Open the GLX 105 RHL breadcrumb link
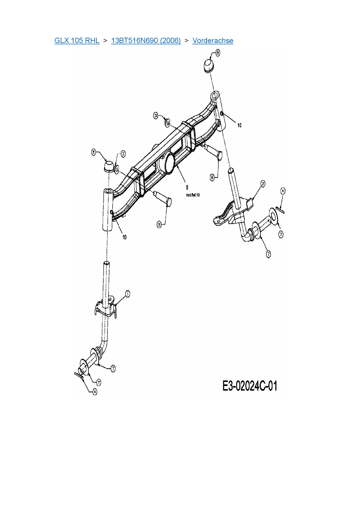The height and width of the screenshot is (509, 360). pos(77,41)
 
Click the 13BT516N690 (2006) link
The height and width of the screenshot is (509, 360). pos(146,41)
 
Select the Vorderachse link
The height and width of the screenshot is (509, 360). pos(213,41)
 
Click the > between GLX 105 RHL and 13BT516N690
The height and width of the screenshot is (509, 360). pos(105,41)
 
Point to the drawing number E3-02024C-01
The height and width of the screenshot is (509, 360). pos(250,386)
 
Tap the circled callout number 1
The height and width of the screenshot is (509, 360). pos(127,294)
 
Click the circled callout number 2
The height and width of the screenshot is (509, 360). pos(263,183)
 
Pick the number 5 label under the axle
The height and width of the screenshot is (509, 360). pos(187,187)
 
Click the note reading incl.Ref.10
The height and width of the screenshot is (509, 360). pos(193,195)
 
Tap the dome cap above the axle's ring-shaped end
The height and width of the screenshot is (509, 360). pos(208,65)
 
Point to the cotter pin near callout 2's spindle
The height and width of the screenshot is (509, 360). pos(280,209)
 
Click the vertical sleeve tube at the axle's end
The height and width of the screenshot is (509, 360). pos(108,209)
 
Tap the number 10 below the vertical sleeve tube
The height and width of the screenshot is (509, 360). pos(125,237)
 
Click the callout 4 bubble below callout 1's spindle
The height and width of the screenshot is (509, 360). pos(95,392)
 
